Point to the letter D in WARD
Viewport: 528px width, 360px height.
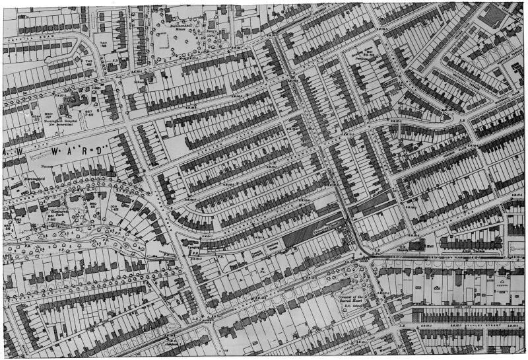coord(100,151)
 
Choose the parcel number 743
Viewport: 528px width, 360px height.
coord(88,61)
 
